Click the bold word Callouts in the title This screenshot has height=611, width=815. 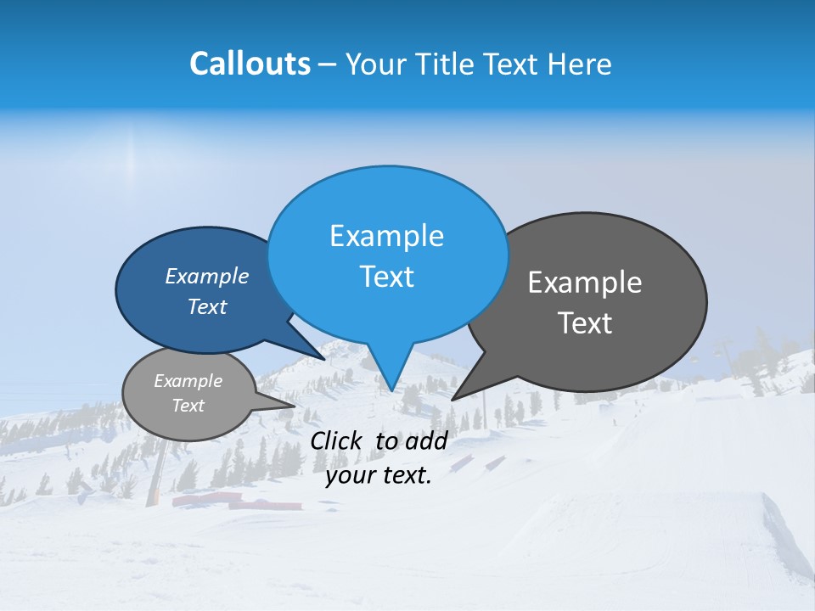coord(250,64)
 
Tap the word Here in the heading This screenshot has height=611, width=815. coord(581,64)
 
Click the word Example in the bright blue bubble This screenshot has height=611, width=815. coord(386,236)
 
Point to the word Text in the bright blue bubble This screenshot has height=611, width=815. coord(386,277)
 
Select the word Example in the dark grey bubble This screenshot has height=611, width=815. coord(585,283)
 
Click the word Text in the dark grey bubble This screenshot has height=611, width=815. coord(585,323)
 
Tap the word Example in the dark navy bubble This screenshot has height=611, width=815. coord(207,276)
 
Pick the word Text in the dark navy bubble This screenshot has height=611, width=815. coord(207,306)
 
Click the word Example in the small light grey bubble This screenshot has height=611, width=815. coord(188,381)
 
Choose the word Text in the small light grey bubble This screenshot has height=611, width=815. coord(188,406)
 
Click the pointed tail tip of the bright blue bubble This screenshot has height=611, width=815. coord(391,390)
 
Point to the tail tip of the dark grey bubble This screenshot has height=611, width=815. coord(453,398)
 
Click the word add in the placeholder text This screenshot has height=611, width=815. coord(426,440)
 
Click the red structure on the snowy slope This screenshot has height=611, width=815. coord(237,502)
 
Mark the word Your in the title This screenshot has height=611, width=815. coord(374,64)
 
